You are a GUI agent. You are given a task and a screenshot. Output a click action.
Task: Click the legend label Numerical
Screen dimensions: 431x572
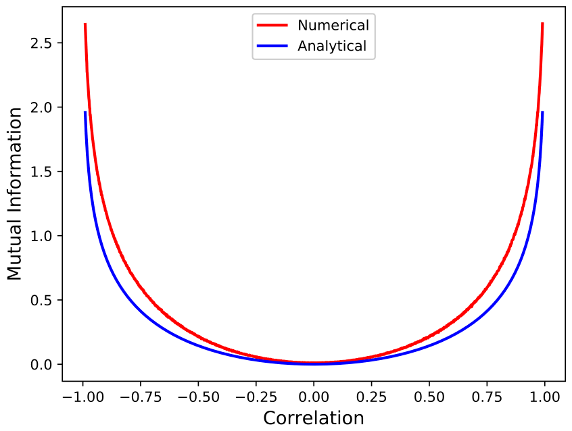pos(333,26)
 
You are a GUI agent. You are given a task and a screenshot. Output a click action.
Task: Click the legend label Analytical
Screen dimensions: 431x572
pos(332,46)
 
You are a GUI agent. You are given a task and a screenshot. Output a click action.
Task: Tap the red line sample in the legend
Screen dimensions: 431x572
pos(273,26)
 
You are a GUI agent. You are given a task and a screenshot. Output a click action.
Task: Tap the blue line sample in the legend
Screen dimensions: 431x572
pos(273,46)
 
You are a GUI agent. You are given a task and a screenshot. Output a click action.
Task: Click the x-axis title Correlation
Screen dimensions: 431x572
pos(314,418)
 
